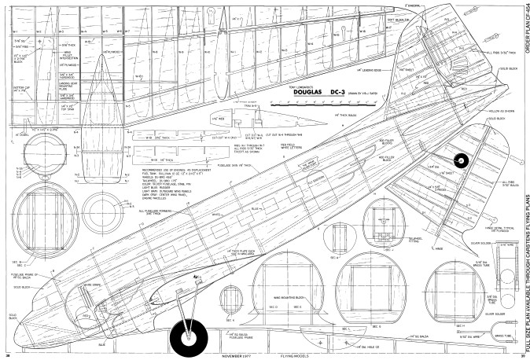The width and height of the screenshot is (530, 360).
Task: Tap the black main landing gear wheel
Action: [190, 337]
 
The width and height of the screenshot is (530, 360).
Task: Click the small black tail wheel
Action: [461, 160]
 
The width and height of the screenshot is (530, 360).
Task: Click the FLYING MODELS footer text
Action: [295, 355]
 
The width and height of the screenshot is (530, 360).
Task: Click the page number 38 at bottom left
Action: [8, 355]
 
